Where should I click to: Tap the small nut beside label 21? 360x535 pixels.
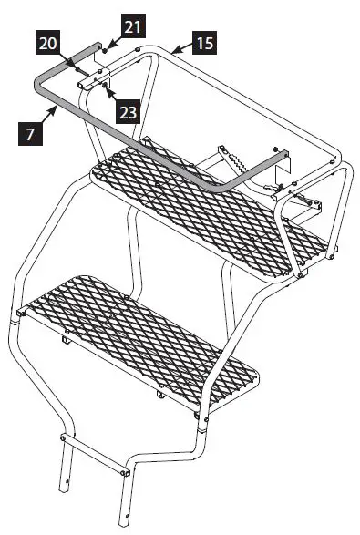coord(107,46)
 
